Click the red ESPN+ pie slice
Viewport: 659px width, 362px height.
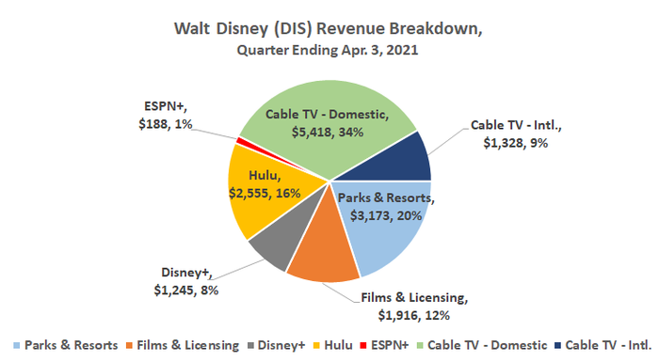point(242,142)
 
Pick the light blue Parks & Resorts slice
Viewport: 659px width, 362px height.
point(391,235)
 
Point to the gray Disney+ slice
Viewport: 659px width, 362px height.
point(268,247)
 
